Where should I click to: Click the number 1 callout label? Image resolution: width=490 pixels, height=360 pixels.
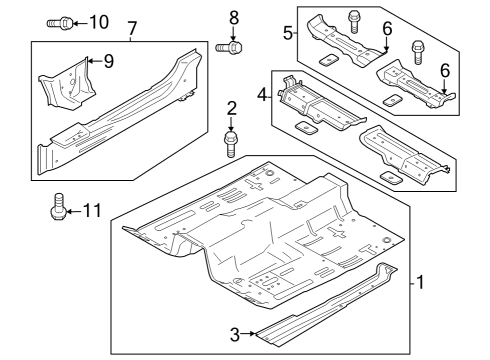(x=421, y=283)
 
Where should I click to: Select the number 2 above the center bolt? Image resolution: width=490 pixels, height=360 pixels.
(x=231, y=109)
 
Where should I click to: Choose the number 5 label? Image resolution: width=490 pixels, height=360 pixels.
(x=287, y=33)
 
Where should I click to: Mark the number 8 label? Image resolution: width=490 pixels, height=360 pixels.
(x=234, y=17)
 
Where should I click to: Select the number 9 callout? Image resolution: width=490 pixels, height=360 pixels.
(x=109, y=62)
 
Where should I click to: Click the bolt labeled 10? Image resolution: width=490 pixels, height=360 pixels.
(x=58, y=22)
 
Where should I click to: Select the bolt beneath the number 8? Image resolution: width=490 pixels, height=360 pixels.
(x=230, y=46)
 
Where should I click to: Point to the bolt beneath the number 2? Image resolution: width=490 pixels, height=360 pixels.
(x=230, y=145)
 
